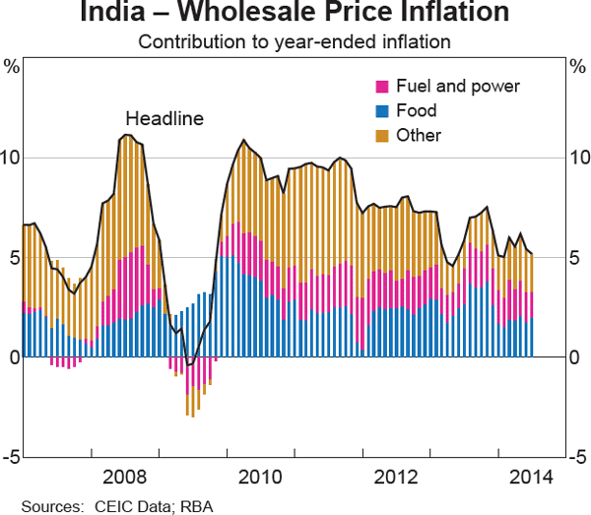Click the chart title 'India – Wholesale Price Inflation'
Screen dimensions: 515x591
[295, 14]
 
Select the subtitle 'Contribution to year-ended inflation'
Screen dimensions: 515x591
[295, 42]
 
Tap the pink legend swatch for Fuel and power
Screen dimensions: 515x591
[383, 86]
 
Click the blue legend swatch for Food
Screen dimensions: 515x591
[383, 110]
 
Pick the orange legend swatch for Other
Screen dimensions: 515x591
[383, 135]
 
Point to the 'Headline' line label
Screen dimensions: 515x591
[164, 119]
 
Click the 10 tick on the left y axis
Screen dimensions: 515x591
[11, 158]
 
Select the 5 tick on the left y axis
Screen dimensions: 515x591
[13, 258]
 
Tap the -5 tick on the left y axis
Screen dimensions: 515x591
[11, 457]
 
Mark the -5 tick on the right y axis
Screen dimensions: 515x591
[578, 457]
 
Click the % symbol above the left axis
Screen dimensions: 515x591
[12, 67]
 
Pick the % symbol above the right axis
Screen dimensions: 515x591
[578, 67]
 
